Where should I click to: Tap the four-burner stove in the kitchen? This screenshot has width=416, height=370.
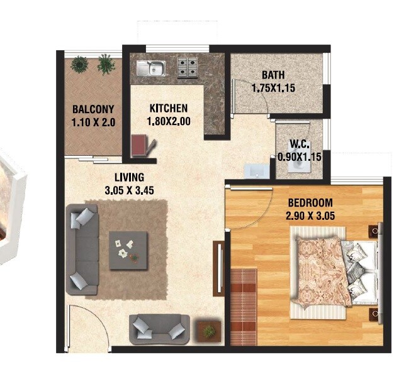pos(186,66)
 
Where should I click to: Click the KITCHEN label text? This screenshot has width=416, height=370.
pos(168,108)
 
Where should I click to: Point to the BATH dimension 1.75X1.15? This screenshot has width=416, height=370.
pos(273,89)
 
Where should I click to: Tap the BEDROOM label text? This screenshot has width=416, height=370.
pos(310,203)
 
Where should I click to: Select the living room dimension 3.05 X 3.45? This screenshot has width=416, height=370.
pos(130,188)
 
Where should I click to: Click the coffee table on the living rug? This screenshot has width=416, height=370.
pos(129,250)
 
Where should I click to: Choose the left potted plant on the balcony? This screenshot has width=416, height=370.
pos(79,63)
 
